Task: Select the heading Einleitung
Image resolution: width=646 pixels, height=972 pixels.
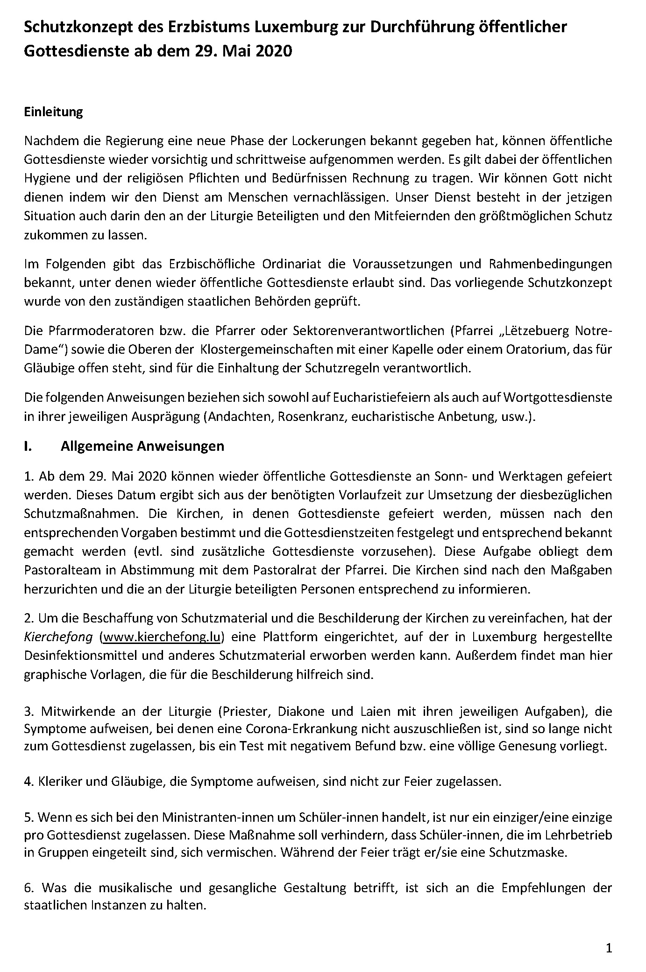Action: (x=53, y=112)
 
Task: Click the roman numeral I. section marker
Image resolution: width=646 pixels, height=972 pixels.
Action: (x=28, y=446)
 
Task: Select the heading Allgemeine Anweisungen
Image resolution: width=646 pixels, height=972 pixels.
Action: (x=142, y=446)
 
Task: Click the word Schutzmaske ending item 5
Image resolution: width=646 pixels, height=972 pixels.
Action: (x=527, y=853)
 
